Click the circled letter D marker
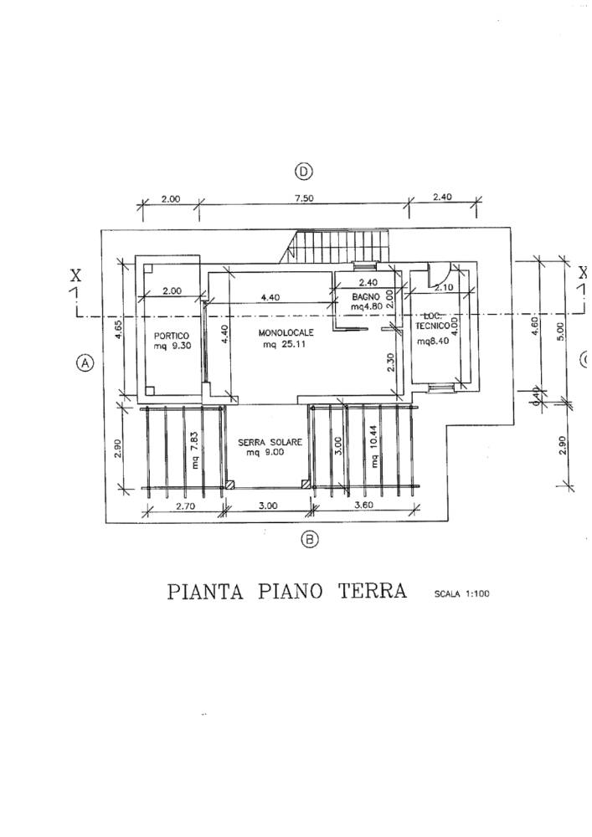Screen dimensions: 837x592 [x=303, y=172]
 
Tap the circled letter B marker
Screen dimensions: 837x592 [x=310, y=540]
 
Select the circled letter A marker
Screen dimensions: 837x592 [x=84, y=363]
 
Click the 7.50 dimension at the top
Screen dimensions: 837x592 [x=304, y=198]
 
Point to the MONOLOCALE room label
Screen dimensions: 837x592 [x=286, y=332]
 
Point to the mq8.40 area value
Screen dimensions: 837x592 [x=433, y=341]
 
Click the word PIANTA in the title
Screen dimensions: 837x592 [x=205, y=592]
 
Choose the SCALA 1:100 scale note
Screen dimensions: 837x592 [x=461, y=594]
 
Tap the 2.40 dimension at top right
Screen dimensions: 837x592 [x=442, y=198]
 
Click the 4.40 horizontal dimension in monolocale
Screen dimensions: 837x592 [x=270, y=297]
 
